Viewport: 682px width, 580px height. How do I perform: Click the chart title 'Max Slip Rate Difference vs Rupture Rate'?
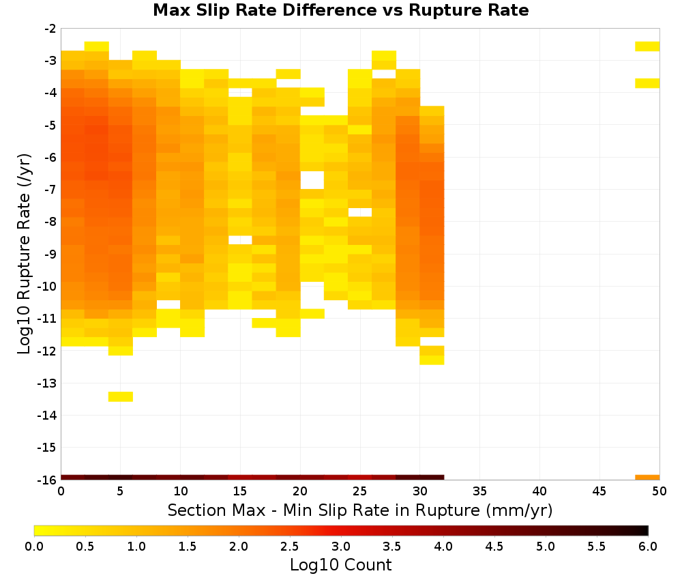click(x=340, y=10)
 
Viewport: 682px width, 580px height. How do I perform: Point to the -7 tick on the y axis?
click(x=50, y=190)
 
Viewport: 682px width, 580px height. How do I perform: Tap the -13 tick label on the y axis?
click(x=48, y=383)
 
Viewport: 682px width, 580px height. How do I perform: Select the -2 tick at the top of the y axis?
click(x=50, y=29)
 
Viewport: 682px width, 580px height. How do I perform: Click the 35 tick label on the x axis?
click(x=479, y=491)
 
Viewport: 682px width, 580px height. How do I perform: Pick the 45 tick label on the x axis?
click(x=599, y=491)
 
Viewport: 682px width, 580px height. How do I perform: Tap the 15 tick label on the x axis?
click(x=240, y=491)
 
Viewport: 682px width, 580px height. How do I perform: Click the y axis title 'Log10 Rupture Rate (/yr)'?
click(x=25, y=254)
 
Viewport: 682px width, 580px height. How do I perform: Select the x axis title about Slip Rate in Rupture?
click(x=360, y=510)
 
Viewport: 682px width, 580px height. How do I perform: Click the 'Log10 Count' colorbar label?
click(x=340, y=565)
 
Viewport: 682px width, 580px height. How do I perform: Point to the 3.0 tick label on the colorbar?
click(x=341, y=547)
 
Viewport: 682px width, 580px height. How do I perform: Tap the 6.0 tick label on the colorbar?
click(x=648, y=547)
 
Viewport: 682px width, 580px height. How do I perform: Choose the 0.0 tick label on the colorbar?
click(x=34, y=547)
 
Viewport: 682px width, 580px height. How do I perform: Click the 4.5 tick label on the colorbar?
click(x=494, y=547)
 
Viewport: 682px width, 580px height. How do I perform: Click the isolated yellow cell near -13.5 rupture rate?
click(x=121, y=396)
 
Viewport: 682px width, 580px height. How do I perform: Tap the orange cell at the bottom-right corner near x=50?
click(x=647, y=478)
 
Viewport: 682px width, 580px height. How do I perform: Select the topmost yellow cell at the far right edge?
click(x=647, y=46)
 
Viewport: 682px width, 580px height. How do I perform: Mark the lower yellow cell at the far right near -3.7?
click(x=647, y=83)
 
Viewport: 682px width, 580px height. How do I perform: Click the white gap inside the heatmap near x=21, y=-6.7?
click(x=312, y=180)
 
